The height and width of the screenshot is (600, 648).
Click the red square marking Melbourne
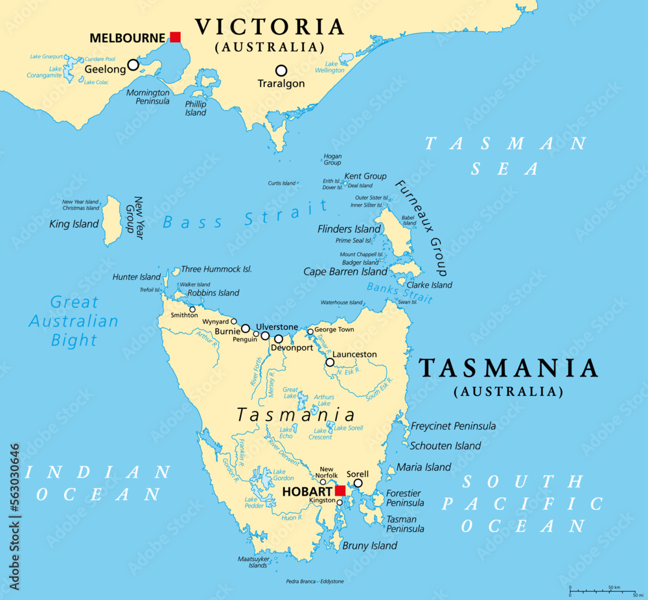pos(174,37)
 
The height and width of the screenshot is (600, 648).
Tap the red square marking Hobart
pos(340,490)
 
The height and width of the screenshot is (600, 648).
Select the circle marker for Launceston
pos(330,362)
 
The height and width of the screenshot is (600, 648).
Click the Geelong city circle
pos(133,65)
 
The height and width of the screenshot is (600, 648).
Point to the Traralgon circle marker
pos(281,70)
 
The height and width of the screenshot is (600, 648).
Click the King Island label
pos(75,224)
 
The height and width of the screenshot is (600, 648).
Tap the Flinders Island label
pos(349,229)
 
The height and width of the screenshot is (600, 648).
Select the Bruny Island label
pos(369,546)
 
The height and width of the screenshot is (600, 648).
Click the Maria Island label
pos(424,467)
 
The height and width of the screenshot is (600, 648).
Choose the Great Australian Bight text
pos(75,321)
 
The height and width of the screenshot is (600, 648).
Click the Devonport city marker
pos(279,339)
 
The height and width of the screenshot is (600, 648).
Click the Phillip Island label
pos(196,108)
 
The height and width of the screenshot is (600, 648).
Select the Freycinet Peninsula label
pos(454,426)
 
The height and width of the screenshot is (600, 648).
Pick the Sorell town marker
pos(358,483)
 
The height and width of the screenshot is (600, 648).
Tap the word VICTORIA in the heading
pos(270,27)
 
